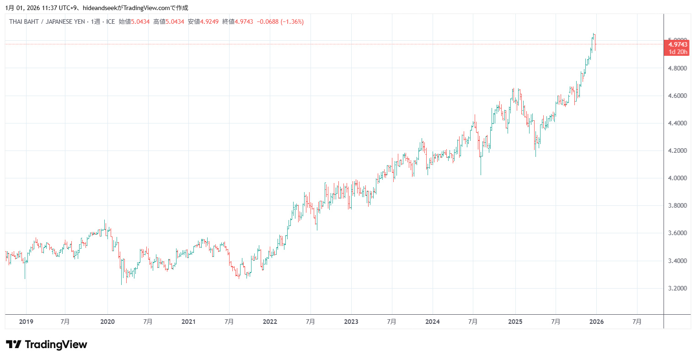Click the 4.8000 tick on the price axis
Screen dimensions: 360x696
tap(677, 68)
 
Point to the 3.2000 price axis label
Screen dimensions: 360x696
tap(677, 288)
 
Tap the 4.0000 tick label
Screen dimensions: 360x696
tap(677, 178)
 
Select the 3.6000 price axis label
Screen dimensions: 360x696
tap(677, 233)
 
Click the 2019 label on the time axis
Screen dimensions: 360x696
tap(26, 322)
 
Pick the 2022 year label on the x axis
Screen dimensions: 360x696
tap(270, 322)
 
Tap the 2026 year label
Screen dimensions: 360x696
tap(596, 322)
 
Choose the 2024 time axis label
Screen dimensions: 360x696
tap(432, 322)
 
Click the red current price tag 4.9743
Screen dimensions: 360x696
tap(677, 44)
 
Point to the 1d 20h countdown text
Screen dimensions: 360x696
tap(677, 52)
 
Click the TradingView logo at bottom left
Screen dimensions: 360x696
tap(46, 344)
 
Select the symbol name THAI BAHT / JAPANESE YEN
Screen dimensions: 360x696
tap(47, 21)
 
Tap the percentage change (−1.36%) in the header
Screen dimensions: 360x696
tap(292, 21)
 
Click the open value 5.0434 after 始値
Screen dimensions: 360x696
tap(140, 21)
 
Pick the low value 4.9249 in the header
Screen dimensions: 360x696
tap(209, 21)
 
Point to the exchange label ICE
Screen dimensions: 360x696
tap(111, 21)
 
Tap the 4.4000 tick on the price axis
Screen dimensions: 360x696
tap(677, 123)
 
